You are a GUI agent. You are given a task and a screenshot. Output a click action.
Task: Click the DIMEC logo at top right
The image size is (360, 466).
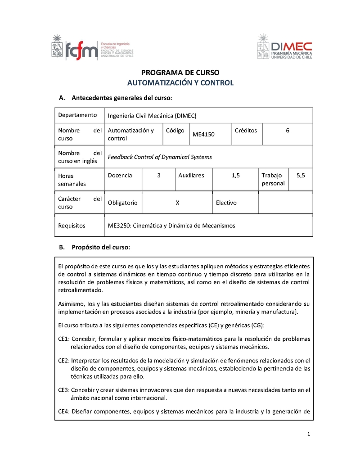(x=284, y=47)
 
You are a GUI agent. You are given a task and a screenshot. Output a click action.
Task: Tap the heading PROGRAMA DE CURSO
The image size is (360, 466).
(x=180, y=72)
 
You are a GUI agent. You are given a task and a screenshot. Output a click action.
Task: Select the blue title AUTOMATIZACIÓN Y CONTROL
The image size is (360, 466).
(x=180, y=83)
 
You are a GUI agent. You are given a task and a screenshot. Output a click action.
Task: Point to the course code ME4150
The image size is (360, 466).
(x=204, y=135)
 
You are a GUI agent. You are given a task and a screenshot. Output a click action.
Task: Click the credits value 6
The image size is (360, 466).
(x=287, y=131)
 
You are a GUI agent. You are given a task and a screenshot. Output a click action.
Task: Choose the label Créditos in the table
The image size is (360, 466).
(x=246, y=131)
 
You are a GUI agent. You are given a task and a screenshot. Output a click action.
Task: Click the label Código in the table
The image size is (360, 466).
(x=175, y=131)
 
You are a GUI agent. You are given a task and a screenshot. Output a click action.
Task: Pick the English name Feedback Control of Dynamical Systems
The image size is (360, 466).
(x=160, y=157)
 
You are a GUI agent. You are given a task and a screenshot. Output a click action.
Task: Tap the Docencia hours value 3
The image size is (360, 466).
(x=159, y=176)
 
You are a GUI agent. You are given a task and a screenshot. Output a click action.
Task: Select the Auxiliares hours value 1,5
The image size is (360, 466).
(x=236, y=176)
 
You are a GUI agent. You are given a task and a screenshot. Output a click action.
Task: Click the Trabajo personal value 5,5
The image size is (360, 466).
(x=301, y=176)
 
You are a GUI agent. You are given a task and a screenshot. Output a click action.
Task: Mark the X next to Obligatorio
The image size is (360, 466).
(x=178, y=203)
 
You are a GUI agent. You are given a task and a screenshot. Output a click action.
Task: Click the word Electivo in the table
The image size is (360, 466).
(x=226, y=203)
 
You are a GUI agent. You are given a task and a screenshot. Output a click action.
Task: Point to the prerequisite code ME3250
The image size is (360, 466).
(x=118, y=226)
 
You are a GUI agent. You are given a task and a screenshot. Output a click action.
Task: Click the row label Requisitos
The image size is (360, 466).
(x=72, y=226)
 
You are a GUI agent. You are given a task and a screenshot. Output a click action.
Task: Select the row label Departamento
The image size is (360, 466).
(x=77, y=115)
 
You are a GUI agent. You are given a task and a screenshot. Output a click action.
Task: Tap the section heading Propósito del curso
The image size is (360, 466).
(x=101, y=247)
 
